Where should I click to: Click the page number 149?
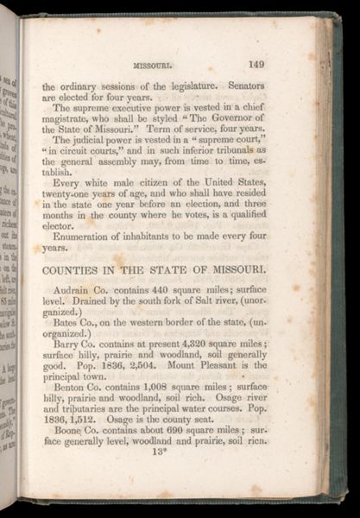click(x=255, y=61)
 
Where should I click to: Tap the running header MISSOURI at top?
click(x=154, y=63)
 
